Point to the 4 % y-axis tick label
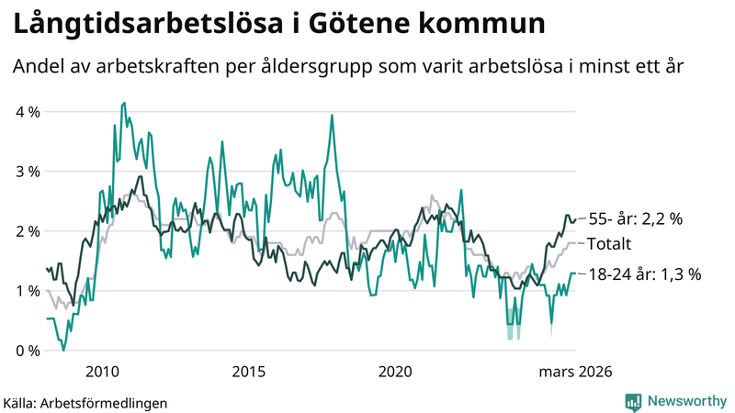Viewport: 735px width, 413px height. click(28, 112)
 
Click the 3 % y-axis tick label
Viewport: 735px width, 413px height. click(28, 172)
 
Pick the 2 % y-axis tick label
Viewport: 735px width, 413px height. click(28, 231)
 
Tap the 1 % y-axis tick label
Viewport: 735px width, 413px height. click(28, 291)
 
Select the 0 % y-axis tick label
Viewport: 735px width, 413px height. click(28, 351)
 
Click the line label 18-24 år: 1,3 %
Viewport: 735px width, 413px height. click(645, 273)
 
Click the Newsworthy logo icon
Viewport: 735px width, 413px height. click(633, 401)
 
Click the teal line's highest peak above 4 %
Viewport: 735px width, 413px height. click(124, 103)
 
